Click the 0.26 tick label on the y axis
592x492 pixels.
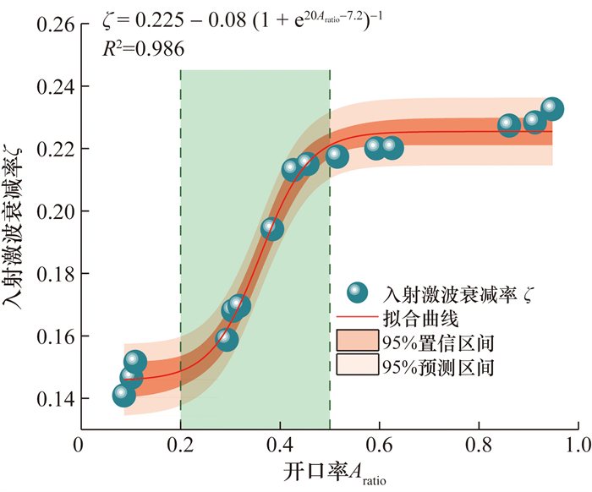(x=53, y=25)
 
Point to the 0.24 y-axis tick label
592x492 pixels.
(x=53, y=87)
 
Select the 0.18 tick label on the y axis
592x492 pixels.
(x=53, y=274)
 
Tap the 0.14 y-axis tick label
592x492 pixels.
(x=53, y=398)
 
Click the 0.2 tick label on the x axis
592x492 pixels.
(x=180, y=443)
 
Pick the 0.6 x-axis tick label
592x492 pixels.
(x=380, y=443)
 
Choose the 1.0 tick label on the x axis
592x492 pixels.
(x=578, y=443)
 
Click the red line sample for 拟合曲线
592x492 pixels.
(x=359, y=318)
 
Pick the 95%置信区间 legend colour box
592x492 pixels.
(x=359, y=342)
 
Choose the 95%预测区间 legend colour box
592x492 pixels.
(x=359, y=366)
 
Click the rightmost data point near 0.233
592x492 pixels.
(x=552, y=108)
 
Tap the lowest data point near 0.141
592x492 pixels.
(x=123, y=394)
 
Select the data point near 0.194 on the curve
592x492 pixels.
(x=271, y=228)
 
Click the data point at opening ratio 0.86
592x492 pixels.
(x=508, y=125)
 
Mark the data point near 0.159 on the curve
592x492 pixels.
(x=227, y=340)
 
